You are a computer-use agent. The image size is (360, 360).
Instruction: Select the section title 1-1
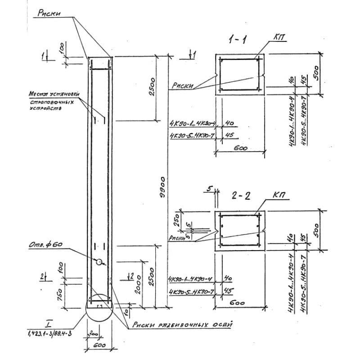tap(237, 40)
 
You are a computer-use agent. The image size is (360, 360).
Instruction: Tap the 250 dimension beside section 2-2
tap(177, 220)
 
